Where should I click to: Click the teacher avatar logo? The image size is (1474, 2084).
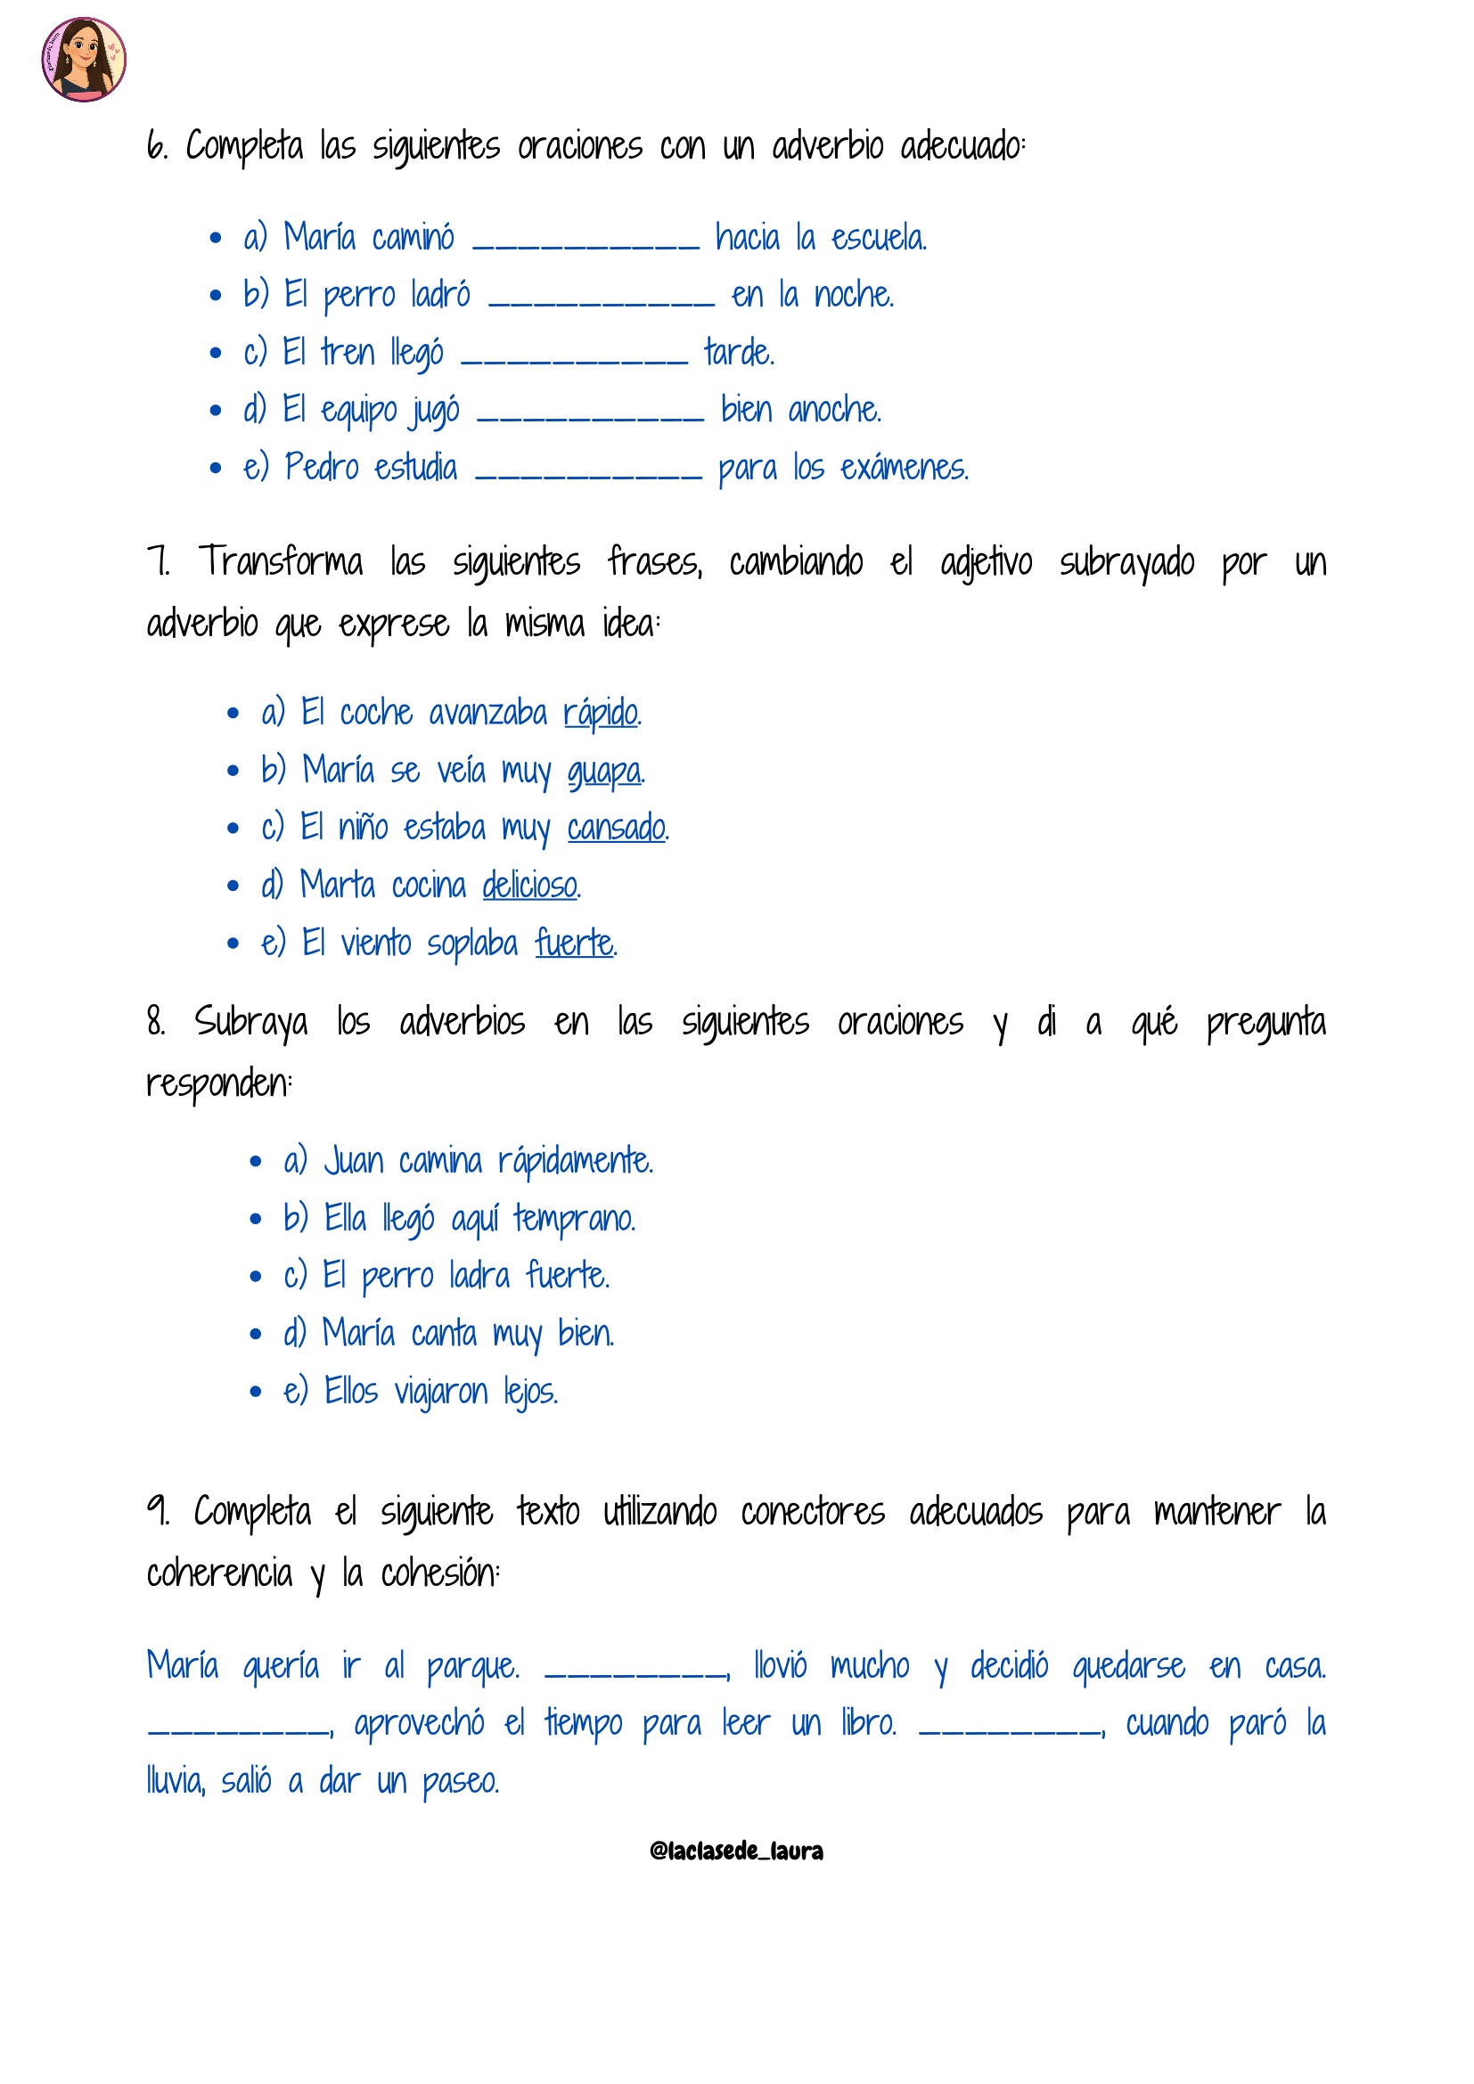tap(84, 59)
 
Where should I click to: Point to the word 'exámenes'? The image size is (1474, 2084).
tap(903, 469)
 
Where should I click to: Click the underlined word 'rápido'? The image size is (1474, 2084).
tap(600, 714)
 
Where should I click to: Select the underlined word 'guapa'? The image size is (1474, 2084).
tap(604, 772)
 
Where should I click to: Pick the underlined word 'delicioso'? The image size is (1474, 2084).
tap(530, 886)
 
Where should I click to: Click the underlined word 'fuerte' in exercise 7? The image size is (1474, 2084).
tap(574, 943)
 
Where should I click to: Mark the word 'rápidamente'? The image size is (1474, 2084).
tap(575, 1162)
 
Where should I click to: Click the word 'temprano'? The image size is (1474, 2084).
tap(574, 1219)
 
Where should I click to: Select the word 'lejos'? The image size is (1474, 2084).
tap(531, 1392)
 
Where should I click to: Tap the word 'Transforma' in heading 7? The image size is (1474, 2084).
tap(281, 562)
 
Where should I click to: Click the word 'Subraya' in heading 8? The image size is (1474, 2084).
tap(250, 1023)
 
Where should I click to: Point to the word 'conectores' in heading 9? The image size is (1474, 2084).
tap(813, 1513)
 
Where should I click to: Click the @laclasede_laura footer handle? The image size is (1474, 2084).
tap(736, 1851)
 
